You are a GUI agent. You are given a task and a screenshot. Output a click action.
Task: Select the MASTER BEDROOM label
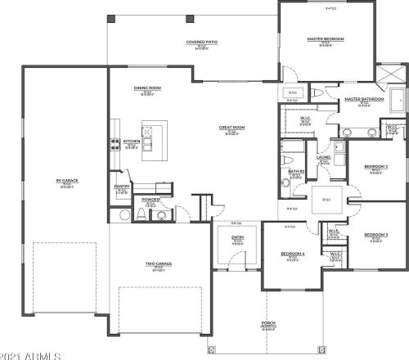[326, 37]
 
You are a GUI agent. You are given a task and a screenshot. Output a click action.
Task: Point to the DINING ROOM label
[146, 88]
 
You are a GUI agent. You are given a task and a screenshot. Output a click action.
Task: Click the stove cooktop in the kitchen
[114, 144]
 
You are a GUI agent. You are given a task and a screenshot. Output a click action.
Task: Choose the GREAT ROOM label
[230, 128]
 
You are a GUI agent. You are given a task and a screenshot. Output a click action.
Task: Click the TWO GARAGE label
[157, 263]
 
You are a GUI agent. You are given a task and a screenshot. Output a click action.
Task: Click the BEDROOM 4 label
[292, 254]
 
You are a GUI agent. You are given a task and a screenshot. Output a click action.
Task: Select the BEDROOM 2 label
[375, 167]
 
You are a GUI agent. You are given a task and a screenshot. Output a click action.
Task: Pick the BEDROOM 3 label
[375, 235]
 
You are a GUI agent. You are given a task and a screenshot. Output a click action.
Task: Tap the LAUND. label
[323, 159]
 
